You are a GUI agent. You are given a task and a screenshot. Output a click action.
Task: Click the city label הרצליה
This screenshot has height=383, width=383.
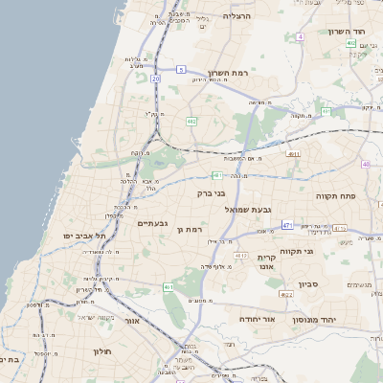pos(237,15)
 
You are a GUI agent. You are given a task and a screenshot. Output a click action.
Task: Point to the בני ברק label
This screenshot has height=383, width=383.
pos(211,193)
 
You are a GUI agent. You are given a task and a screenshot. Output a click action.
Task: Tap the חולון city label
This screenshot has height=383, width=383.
pos(103,351)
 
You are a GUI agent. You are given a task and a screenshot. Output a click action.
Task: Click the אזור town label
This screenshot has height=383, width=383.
pos(131,321)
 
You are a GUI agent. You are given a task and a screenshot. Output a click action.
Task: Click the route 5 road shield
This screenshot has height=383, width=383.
pos(180,69)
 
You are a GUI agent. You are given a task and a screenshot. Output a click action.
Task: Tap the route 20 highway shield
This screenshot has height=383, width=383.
pos(155,79)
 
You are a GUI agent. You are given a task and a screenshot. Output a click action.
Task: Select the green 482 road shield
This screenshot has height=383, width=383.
pos(191,122)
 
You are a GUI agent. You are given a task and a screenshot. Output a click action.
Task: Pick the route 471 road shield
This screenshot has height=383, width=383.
pos(286,225)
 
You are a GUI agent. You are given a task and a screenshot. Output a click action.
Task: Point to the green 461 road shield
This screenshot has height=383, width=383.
pos(169,287)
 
